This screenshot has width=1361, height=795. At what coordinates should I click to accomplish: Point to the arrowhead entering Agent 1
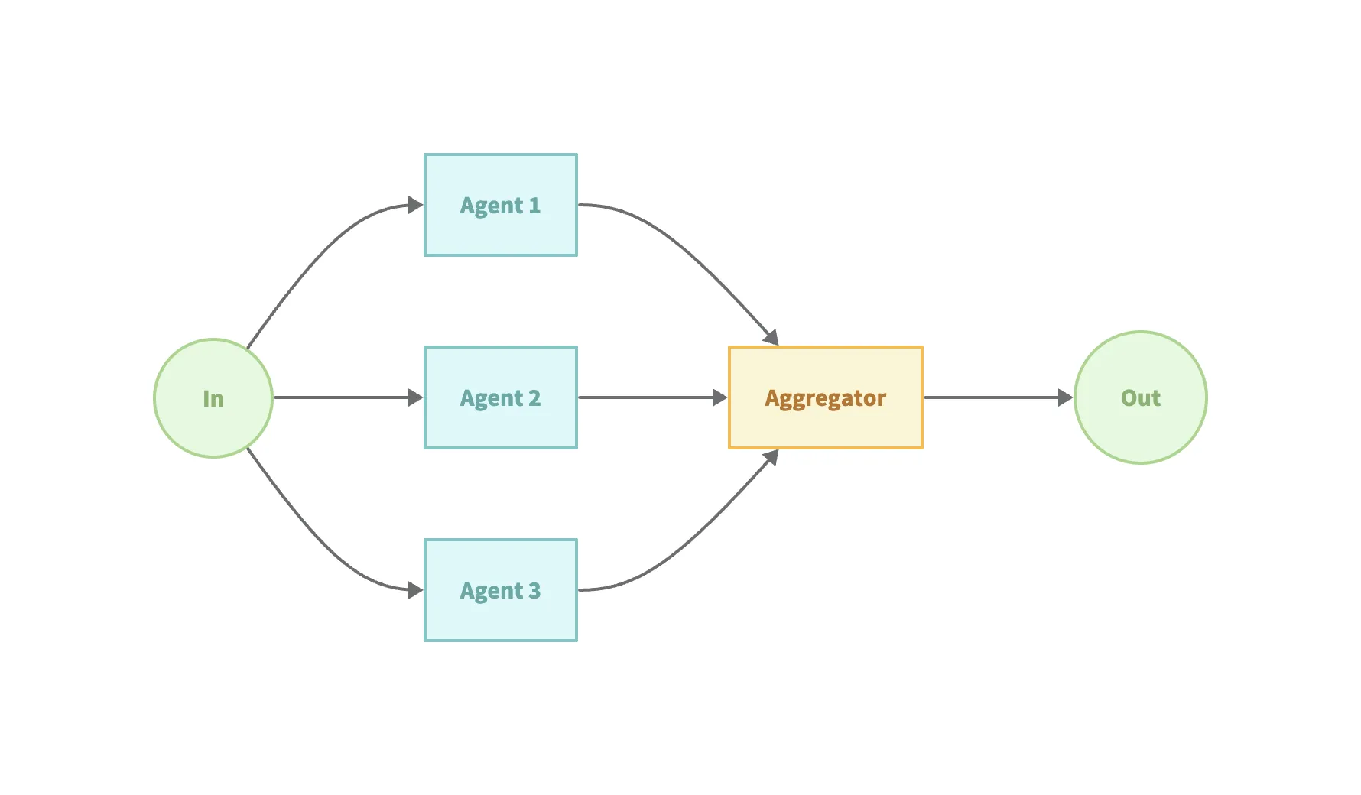coord(416,205)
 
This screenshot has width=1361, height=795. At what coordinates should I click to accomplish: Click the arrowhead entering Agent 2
coord(416,397)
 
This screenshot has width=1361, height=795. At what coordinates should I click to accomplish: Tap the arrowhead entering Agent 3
coord(416,590)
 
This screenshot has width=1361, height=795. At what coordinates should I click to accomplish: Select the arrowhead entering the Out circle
coord(1066,397)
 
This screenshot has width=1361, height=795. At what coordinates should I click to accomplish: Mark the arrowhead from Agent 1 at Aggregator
coord(771,338)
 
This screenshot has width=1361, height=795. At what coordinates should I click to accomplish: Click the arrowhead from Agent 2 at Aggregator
coord(720,397)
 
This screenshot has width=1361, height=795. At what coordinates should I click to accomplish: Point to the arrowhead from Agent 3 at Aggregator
coord(771,457)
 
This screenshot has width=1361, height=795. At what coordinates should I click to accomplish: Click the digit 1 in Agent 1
coord(534,206)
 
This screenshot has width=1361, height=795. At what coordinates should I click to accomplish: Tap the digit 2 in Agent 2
coord(534,398)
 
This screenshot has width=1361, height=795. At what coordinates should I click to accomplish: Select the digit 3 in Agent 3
coord(534,591)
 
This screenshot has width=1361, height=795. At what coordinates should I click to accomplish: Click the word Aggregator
coord(826,398)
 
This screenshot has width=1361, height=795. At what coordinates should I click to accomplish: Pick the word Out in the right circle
coord(1140,398)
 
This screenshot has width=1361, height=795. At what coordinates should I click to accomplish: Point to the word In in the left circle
coord(213,399)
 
